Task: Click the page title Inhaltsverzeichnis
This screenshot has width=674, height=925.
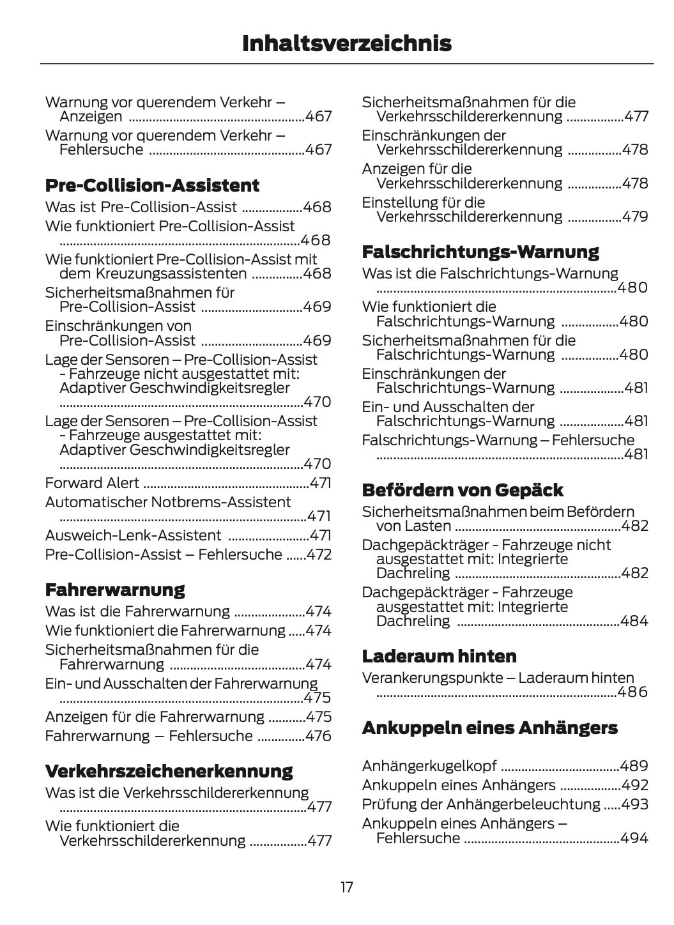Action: click(x=346, y=43)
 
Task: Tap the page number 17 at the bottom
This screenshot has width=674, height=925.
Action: click(x=346, y=887)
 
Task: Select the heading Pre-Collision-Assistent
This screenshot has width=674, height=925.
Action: click(x=152, y=186)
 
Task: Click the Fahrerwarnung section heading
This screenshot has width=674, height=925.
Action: click(x=115, y=590)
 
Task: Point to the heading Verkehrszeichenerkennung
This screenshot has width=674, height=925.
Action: click(x=169, y=771)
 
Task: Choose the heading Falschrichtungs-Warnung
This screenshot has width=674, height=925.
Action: click(x=480, y=252)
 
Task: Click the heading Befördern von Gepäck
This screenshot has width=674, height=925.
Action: click(x=463, y=491)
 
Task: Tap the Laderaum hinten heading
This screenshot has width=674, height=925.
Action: click(x=439, y=657)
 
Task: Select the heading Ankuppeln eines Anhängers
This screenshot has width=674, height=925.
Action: click(x=489, y=728)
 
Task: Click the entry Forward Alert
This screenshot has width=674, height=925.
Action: click(x=92, y=483)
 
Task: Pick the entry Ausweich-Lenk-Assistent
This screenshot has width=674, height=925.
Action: click(x=133, y=535)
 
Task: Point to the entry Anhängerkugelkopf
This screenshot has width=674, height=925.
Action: click(x=429, y=766)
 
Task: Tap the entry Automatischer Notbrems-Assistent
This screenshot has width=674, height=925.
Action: click(x=167, y=502)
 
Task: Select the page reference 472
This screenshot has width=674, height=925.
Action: click(x=319, y=554)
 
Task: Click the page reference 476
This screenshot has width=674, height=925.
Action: click(x=318, y=736)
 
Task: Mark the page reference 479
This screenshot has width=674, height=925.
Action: click(x=635, y=217)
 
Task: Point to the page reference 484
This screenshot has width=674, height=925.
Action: click(x=634, y=621)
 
